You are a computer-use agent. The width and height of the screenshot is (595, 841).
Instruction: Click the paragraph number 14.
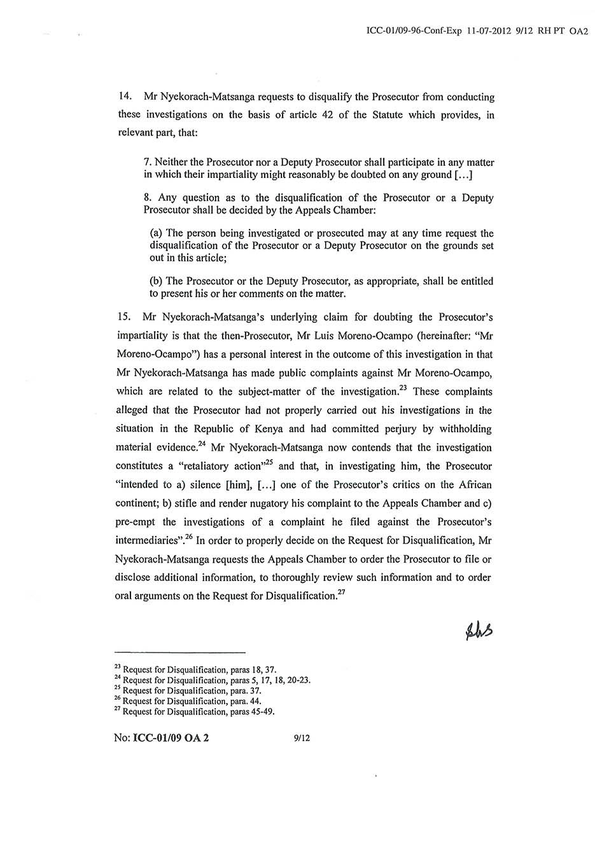pyautogui.click(x=125, y=97)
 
